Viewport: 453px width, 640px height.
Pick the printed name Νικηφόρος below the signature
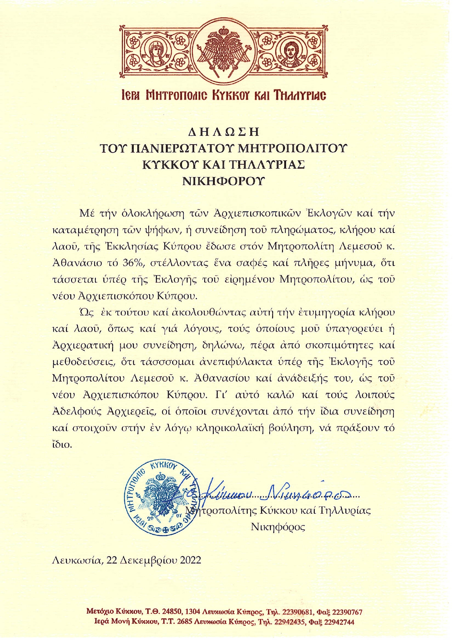pos(278,527)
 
